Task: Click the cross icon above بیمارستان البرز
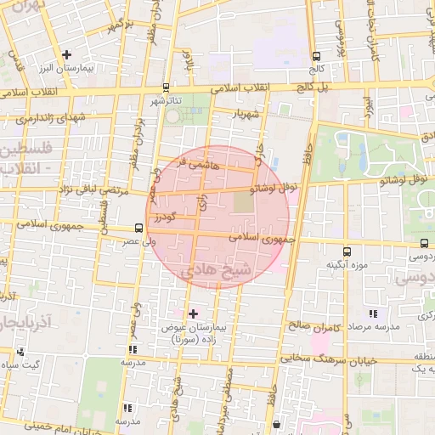(66, 54)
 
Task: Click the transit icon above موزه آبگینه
(347, 251)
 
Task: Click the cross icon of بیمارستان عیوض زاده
(193, 314)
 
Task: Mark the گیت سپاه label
(21, 364)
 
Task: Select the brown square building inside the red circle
(243, 202)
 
